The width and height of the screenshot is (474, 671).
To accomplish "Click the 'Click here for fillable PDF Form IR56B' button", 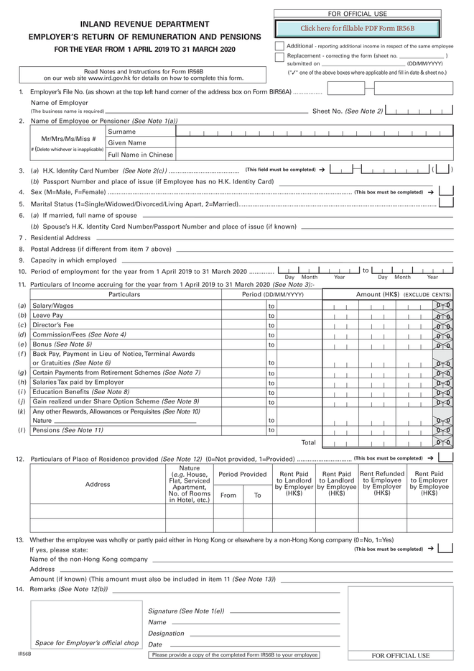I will [357, 28].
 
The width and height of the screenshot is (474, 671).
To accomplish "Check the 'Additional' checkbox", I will [280, 46].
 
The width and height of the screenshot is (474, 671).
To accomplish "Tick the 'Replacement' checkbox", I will [280, 58].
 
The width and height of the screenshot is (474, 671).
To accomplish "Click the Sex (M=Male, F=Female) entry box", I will [446, 192].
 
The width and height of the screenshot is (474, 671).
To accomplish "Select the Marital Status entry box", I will [446, 204].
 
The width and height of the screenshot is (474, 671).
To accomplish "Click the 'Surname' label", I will [121, 132].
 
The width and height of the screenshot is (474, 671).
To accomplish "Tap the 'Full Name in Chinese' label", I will [140, 155].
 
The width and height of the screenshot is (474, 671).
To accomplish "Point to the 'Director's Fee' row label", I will [53, 325].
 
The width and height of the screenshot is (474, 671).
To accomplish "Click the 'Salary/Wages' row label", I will [53, 306].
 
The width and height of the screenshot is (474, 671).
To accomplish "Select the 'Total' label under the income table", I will [308, 442].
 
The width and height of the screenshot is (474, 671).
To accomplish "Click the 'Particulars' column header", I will [124, 295].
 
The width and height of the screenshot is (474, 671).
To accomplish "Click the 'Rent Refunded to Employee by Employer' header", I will [382, 483].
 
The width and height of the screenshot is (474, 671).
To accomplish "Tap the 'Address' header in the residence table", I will [98, 484].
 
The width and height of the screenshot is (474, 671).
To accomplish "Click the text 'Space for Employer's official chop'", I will [87, 643].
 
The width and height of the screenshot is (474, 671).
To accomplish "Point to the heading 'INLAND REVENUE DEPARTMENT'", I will [145, 24].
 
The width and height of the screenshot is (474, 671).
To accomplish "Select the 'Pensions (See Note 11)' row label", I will [68, 430].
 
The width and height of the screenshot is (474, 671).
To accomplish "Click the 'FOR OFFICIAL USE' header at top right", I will [357, 14].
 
